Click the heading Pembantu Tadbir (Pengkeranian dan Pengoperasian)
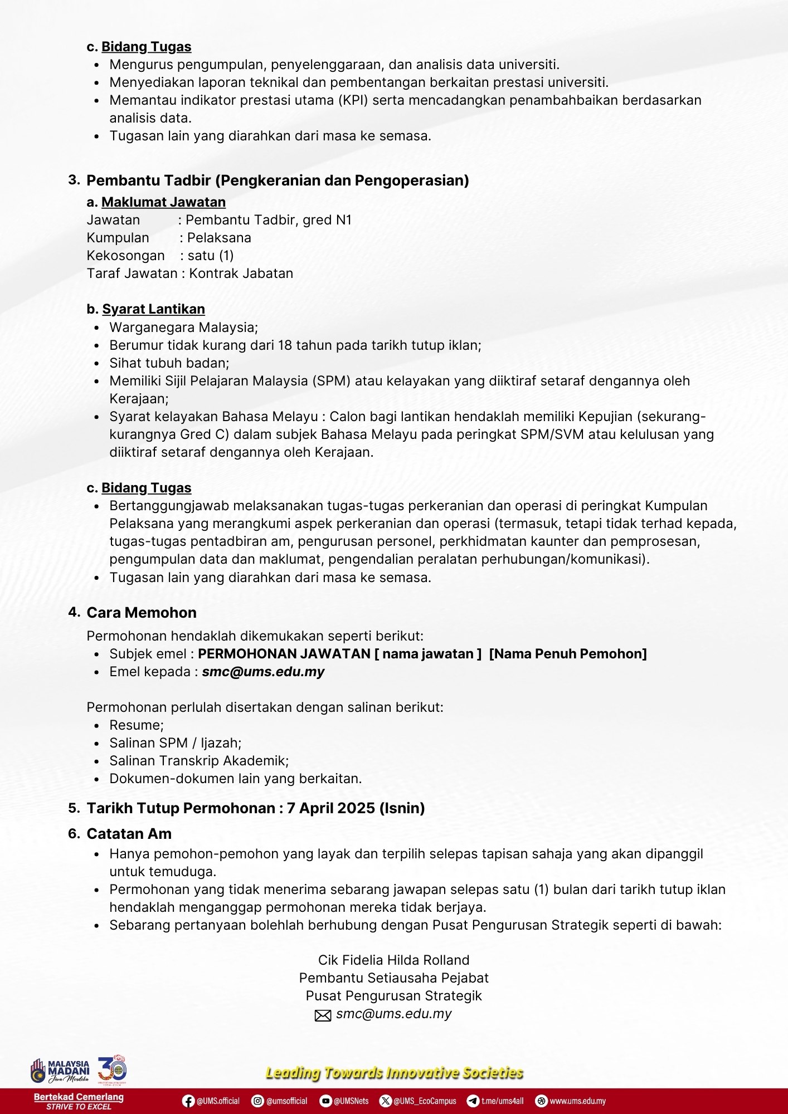coord(278,180)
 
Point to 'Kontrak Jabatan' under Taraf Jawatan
coord(241,273)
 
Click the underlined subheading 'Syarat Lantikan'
coord(153,309)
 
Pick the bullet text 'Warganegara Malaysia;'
coord(183,328)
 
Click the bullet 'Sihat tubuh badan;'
coord(169,363)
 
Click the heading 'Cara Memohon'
coord(142,613)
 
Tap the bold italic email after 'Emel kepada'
coord(263,672)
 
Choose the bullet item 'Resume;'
coord(137,725)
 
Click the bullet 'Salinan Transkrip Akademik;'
coord(199,761)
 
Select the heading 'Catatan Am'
coord(129,834)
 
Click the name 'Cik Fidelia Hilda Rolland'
coord(393,960)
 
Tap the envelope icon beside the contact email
coord(323,1015)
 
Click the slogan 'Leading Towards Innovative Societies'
coord(394,1073)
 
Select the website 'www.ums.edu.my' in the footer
coord(577,1101)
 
